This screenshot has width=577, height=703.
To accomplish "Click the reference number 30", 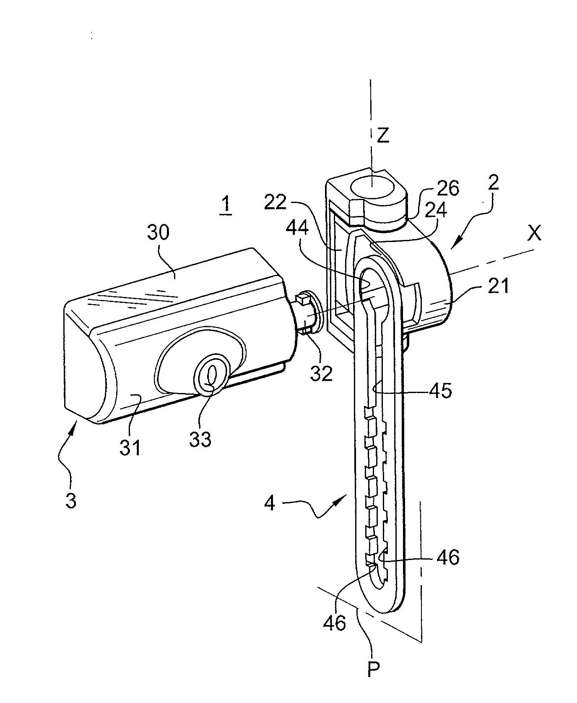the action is (158, 232).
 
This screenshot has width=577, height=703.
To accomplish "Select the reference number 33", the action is (200, 440).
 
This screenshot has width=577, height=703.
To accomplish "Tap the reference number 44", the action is (298, 229).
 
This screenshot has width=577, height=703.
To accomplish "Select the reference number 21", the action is (498, 286).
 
